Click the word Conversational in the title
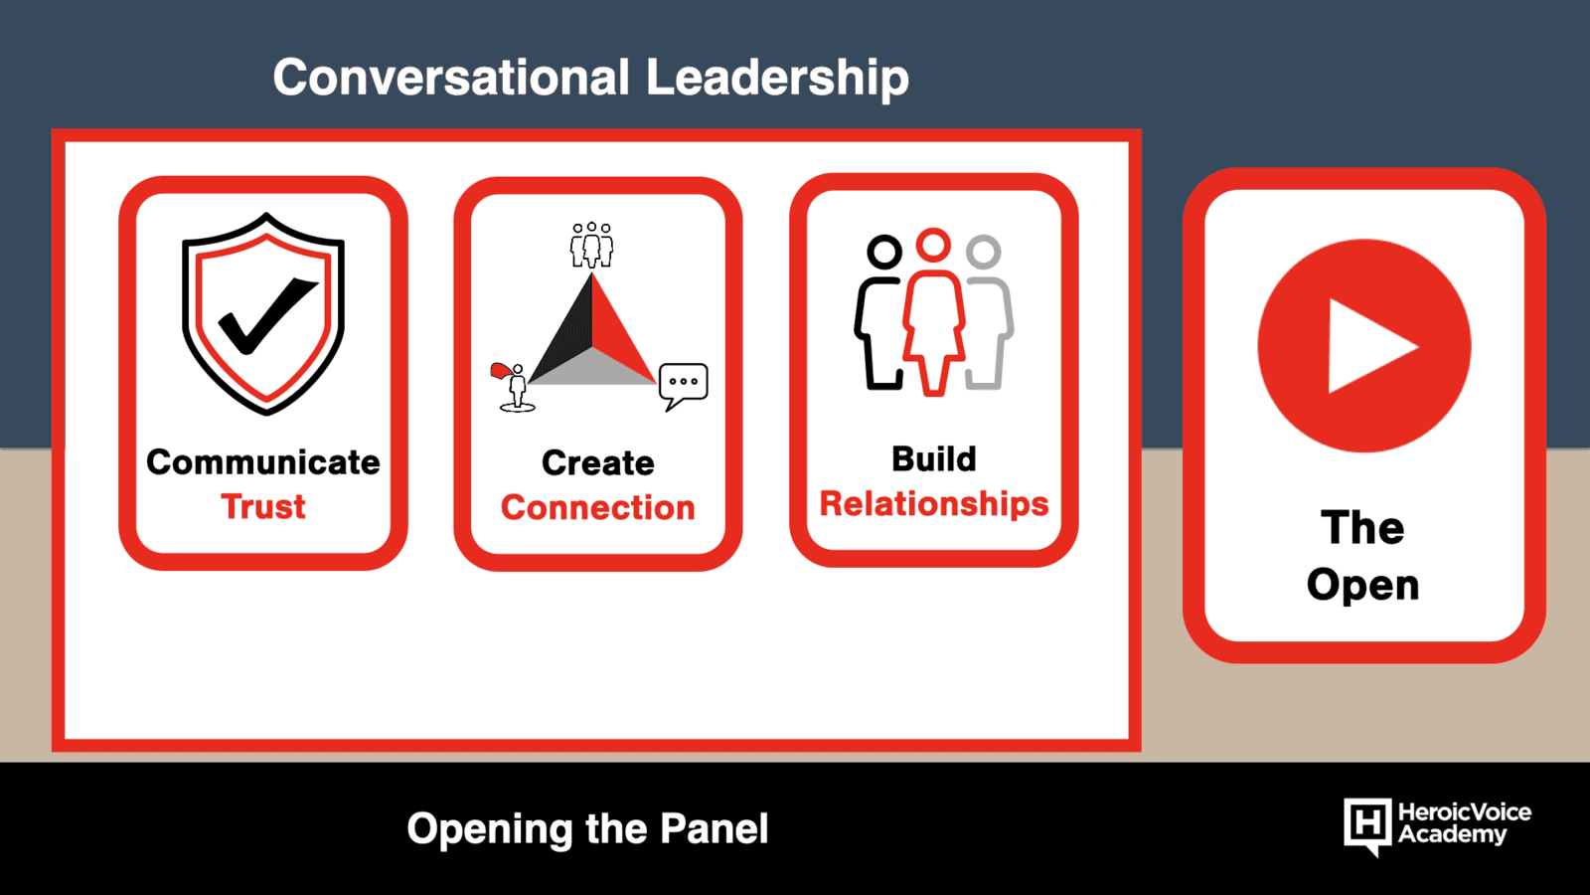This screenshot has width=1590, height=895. click(451, 78)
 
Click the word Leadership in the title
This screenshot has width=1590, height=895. click(777, 78)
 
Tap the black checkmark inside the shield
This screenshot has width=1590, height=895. click(267, 315)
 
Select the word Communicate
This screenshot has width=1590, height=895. click(263, 462)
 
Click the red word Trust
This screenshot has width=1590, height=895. click(263, 506)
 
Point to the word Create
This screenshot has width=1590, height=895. click(597, 463)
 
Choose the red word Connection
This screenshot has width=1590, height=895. click(597, 508)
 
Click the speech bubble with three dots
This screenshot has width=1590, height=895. click(683, 384)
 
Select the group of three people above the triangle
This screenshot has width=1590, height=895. click(592, 245)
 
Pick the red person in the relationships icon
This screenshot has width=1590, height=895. click(933, 312)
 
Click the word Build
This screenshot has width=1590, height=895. click(934, 458)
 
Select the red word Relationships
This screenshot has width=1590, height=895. click(934, 503)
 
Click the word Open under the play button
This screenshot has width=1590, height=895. click(1362, 585)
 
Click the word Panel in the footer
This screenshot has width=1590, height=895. click(715, 828)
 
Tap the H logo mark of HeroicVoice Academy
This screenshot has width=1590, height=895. click(1367, 825)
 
